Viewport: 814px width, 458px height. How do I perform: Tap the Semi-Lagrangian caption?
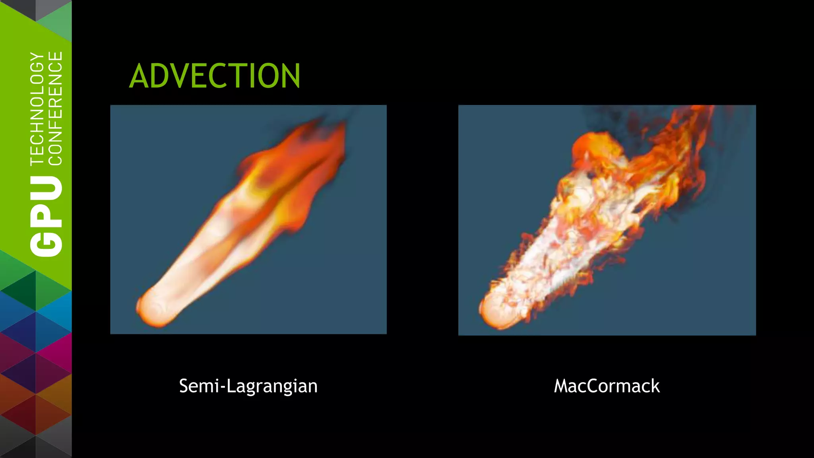pos(248,386)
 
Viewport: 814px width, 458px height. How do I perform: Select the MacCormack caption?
pos(607,386)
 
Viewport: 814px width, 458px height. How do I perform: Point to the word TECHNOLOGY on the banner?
pos(37,108)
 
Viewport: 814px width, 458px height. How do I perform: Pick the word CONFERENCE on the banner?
pos(55,108)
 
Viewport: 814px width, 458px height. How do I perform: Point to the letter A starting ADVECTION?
pos(139,76)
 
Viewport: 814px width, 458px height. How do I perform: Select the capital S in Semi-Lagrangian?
pos(184,386)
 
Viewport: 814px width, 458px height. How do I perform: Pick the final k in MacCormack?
pos(655,386)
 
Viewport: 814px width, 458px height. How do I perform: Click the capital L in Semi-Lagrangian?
pos(230,386)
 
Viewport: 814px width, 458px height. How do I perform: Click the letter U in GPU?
pos(47,190)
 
